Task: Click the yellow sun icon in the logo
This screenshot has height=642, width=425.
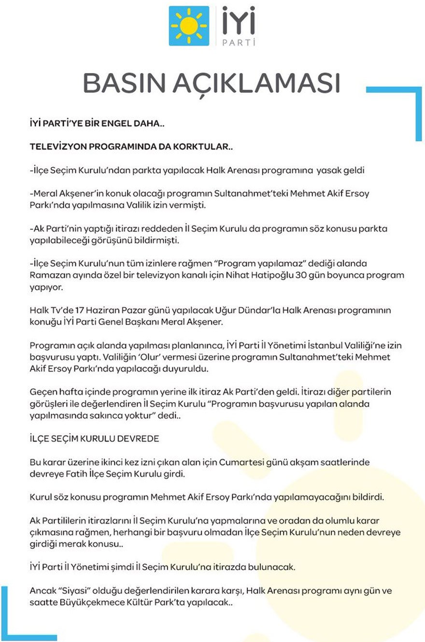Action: [x=189, y=26]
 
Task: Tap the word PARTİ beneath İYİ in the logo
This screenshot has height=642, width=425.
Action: [x=238, y=42]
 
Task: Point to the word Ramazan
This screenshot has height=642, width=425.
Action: [x=47, y=275]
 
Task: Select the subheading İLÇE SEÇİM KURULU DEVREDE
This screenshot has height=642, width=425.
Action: [x=94, y=439]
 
